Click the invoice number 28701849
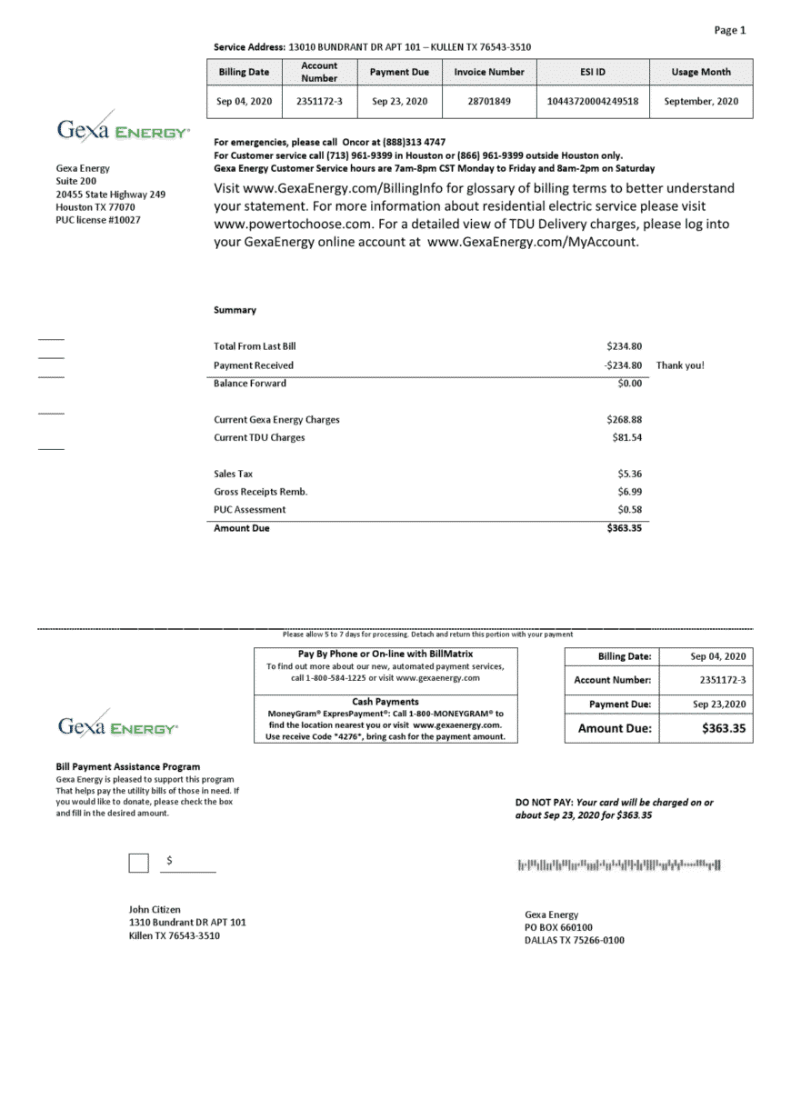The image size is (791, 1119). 489,102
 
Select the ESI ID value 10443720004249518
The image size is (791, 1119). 593,102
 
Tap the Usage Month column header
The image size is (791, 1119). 701,72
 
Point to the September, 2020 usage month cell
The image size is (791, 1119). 701,102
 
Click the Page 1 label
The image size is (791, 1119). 729,31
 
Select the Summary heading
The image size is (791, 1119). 235,310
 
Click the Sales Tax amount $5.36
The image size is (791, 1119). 629,474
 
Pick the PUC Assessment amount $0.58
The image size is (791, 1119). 629,510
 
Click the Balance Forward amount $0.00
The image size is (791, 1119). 629,384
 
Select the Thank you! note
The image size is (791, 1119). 680,365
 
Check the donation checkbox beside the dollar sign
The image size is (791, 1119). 138,863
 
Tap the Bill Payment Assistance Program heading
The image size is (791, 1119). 128,767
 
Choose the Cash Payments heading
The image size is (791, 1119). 385,702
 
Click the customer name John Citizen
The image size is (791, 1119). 155,909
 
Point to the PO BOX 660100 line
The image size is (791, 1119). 558,927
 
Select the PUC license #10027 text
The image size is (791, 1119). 98,220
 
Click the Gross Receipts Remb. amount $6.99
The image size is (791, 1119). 629,492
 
